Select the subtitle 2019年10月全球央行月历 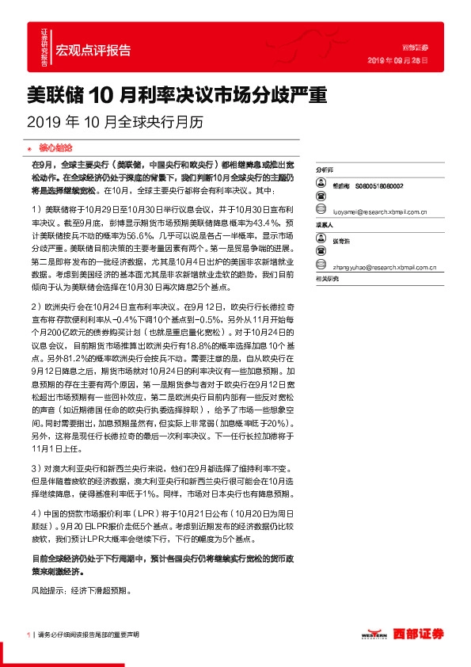[x=115, y=123]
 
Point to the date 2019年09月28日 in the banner [x=399, y=60]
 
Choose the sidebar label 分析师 [x=325, y=170]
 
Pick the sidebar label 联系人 [x=325, y=224]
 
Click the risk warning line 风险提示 [x=79, y=591]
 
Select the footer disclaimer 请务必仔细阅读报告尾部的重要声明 [x=88, y=635]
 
